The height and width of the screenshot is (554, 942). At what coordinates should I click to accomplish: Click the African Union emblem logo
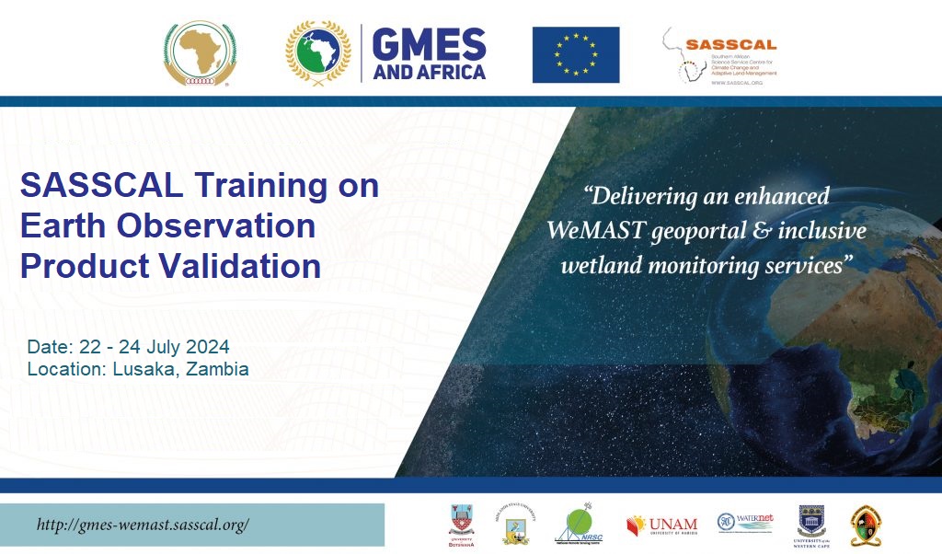click(x=200, y=54)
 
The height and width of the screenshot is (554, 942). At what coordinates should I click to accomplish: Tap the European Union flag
click(x=575, y=54)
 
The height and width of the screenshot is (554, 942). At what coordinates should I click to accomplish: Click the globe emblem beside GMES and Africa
click(x=317, y=53)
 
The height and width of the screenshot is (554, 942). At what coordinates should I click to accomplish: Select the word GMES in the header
click(x=430, y=42)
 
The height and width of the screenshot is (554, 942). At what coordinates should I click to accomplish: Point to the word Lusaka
click(x=144, y=369)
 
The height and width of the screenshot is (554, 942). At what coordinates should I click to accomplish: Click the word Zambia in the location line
click(x=218, y=369)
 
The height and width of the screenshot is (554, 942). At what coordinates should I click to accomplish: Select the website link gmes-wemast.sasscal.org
click(x=143, y=525)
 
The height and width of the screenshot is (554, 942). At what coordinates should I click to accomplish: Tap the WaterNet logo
click(x=745, y=522)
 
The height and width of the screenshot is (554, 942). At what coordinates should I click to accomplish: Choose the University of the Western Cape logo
click(x=811, y=524)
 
